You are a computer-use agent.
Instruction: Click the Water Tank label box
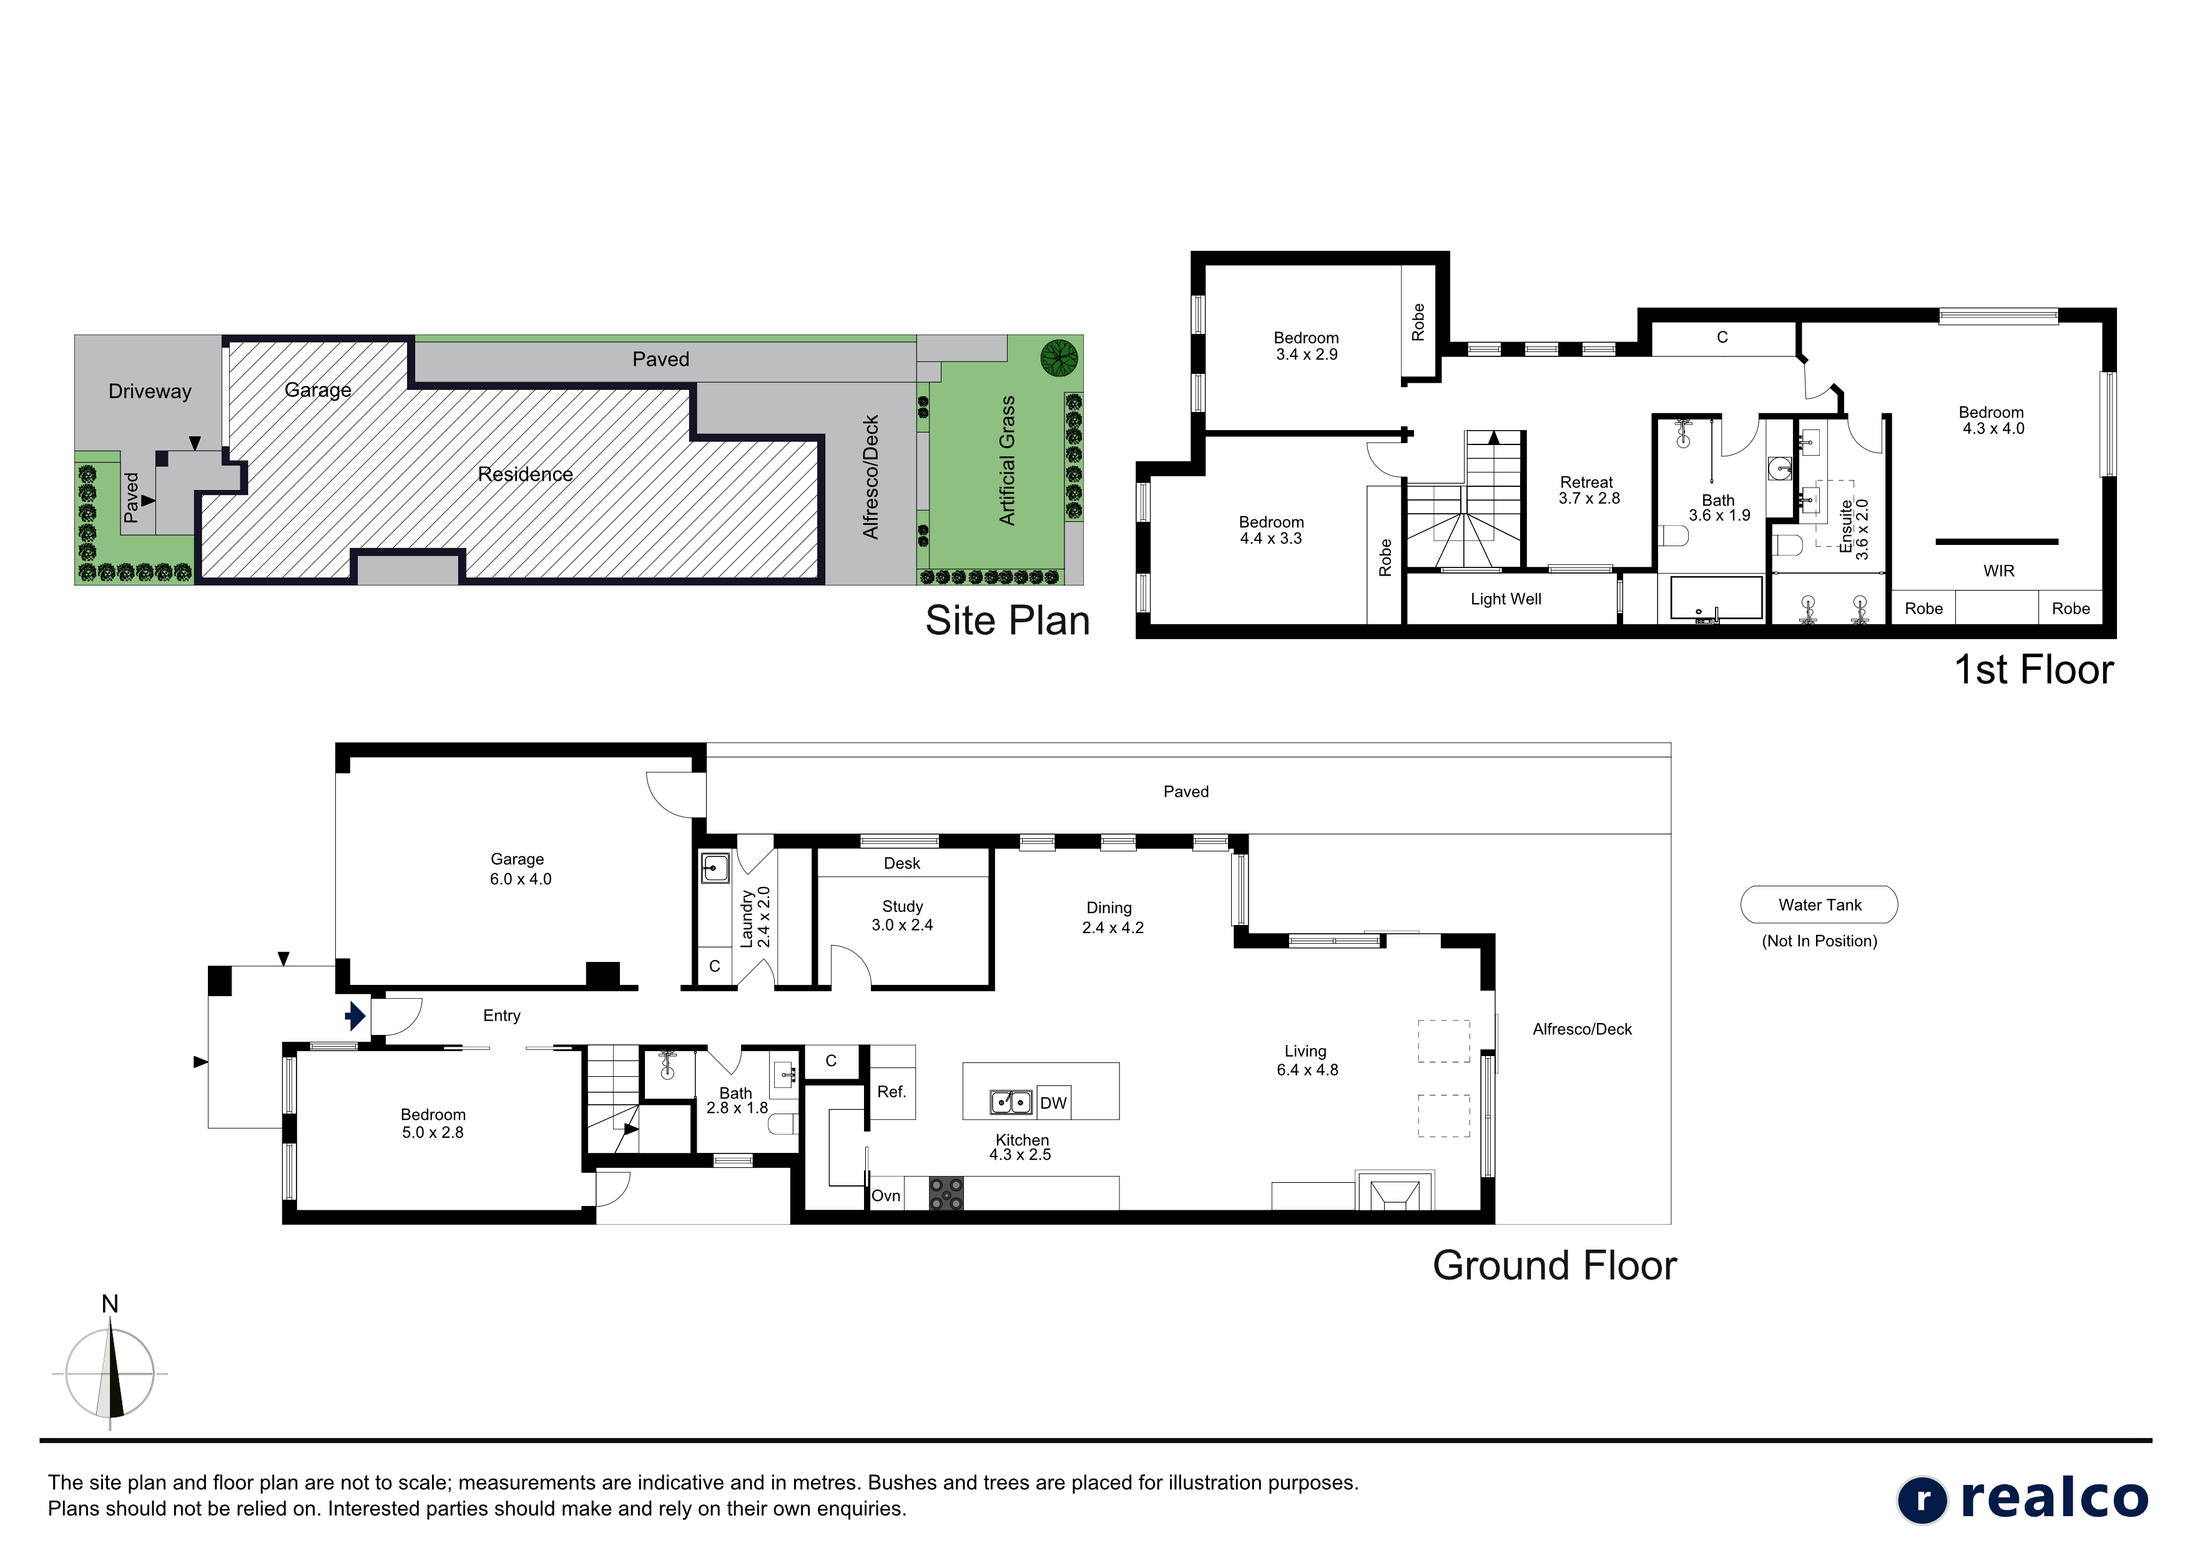[x=1819, y=904]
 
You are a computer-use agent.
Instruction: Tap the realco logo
[x=2022, y=1499]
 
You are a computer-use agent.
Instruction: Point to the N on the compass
[x=110, y=1304]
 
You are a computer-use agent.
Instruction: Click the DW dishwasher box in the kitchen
[x=1053, y=1102]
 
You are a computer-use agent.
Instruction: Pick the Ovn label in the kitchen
[x=886, y=1195]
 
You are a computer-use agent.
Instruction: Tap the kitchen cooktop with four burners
[x=946, y=1193]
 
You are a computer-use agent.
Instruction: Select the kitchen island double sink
[x=1011, y=1102]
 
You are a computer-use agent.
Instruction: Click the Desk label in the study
[x=901, y=863]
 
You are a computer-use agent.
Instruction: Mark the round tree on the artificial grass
[x=1059, y=358]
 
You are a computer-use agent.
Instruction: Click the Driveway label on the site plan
[x=150, y=391]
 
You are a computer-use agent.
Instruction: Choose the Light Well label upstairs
[x=1505, y=599]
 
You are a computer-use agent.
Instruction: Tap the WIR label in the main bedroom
[x=1998, y=571]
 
